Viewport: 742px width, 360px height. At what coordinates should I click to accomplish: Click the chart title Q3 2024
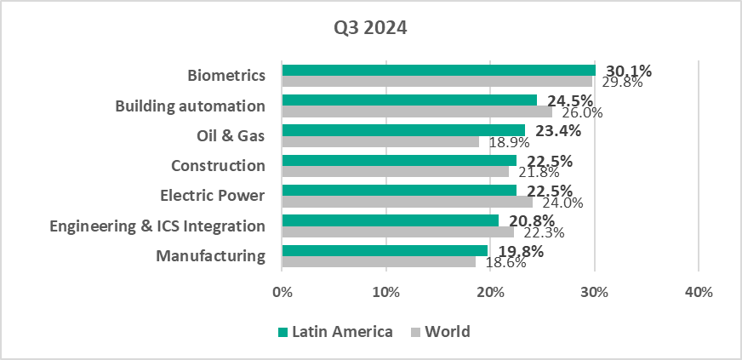coord(370,27)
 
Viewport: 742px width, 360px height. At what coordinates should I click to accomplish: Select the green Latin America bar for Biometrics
coord(438,70)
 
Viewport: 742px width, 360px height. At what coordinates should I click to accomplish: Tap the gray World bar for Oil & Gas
coord(380,141)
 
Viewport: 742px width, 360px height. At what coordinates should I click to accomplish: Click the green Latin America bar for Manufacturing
coord(385,249)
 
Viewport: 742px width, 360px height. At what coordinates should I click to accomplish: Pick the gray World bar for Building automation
coord(417,111)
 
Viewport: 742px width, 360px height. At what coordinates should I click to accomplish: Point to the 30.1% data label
coord(628,71)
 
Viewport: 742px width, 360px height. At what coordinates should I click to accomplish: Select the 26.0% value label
coord(579,112)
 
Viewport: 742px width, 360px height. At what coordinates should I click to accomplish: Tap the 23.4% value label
coord(557,130)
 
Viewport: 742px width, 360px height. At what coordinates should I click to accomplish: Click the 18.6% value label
coord(505,262)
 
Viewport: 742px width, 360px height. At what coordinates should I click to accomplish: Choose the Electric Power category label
coord(213,196)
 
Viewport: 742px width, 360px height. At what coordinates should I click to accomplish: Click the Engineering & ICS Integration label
coord(157,226)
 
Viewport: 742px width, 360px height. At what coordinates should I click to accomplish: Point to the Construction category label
coord(218,165)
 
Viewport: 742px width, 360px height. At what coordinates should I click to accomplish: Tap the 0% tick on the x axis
coord(282,293)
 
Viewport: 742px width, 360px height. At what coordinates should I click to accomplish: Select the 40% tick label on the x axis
coord(698,293)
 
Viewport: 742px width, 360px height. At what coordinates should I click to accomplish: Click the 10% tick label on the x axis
coord(385,293)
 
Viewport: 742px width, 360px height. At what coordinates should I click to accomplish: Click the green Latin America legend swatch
coord(283,332)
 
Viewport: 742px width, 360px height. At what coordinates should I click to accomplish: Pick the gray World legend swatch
coord(416,332)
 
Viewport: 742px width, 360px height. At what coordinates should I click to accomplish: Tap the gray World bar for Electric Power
coord(407,202)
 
